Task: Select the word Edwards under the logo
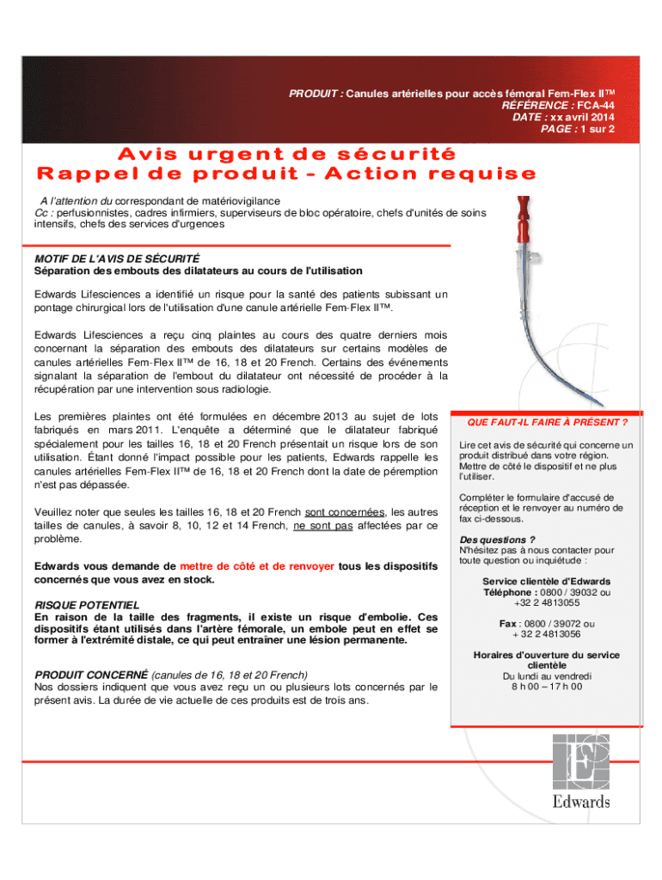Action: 582,802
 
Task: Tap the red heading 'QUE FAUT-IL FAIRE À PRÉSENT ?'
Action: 547,422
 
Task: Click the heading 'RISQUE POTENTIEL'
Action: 87,605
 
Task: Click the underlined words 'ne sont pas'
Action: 322,526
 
